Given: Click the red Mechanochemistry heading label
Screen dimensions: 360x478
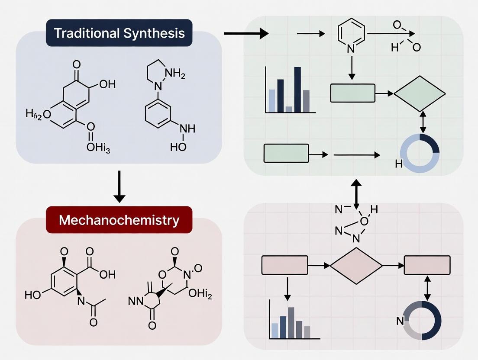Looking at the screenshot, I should [x=119, y=220].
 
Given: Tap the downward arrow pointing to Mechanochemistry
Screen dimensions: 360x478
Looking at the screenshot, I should [x=119, y=186].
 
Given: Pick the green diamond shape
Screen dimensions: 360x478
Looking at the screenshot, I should [x=419, y=93].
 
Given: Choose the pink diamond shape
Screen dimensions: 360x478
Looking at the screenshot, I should [x=356, y=266].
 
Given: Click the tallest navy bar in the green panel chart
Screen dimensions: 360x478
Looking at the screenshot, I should [x=297, y=89].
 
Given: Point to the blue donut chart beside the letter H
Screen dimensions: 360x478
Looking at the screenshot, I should [x=420, y=154].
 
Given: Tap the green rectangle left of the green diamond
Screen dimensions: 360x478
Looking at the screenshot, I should [x=352, y=93].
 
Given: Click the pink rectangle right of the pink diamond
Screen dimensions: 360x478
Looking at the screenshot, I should [x=427, y=265].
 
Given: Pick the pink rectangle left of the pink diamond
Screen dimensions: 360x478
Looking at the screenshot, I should [x=284, y=265].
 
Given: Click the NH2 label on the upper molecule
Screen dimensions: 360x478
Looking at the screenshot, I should [x=174, y=74].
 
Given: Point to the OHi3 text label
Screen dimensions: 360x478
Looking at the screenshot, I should [x=98, y=149].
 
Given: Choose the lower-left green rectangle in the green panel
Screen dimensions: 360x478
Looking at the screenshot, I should [x=286, y=154].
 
